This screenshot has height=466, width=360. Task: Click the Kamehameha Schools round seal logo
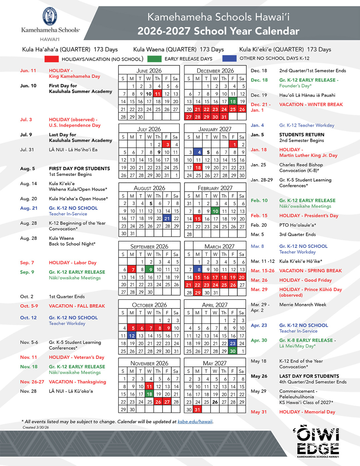50,16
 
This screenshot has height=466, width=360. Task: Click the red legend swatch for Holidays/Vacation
51,59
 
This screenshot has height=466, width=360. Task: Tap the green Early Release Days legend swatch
154,59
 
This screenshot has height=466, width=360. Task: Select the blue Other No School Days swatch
229,59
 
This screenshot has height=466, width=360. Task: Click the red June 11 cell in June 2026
158,94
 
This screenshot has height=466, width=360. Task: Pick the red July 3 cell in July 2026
167,144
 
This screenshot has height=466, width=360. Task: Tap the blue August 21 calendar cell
167,218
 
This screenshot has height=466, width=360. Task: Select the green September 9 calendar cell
151,270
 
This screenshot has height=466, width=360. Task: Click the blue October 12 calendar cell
132,336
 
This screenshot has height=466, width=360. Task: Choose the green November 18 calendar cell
149,394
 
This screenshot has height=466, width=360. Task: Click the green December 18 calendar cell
233,102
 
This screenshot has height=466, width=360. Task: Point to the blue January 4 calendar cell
199,152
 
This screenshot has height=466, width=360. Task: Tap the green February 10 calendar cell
215,211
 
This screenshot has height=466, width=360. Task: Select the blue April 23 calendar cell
233,343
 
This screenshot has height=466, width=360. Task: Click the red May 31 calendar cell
197,410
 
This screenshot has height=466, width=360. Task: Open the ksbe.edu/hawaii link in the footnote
195,422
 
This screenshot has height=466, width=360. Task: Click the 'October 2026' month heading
149,305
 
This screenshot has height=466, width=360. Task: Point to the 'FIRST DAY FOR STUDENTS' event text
79,168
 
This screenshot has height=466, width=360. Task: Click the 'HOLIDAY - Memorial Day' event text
307,412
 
